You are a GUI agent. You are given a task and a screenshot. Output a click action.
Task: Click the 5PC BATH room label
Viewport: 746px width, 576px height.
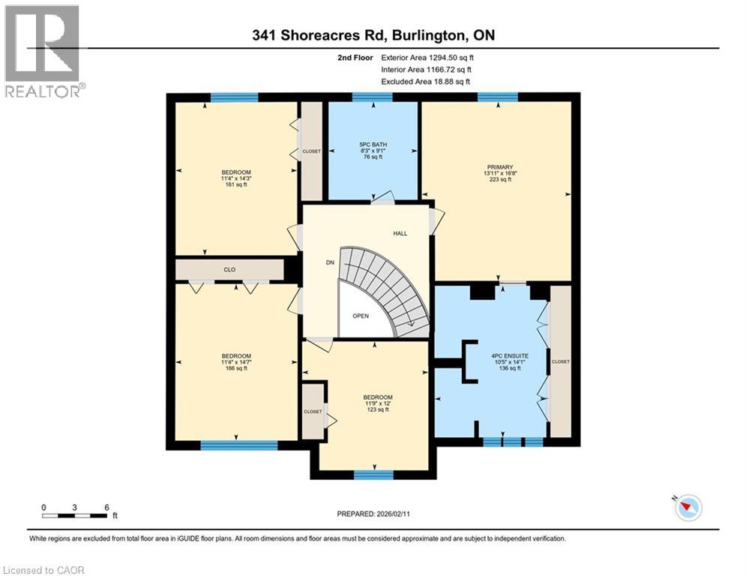[x=372, y=144]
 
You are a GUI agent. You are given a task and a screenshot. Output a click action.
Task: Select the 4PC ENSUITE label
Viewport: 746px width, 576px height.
[x=509, y=355]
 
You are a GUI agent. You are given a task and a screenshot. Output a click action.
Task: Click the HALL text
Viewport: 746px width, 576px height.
[x=400, y=233]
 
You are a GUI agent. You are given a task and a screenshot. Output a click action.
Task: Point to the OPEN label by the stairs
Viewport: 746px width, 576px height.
[x=361, y=316]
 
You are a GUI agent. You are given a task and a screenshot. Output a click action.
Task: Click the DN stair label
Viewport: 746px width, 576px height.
[x=329, y=262]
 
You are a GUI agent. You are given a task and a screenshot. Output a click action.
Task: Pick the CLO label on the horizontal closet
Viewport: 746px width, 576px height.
[x=229, y=269]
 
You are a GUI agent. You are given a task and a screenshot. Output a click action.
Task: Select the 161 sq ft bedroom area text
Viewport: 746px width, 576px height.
[x=236, y=184]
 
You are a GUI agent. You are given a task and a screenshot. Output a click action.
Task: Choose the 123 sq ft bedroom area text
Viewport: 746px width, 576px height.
[x=377, y=409]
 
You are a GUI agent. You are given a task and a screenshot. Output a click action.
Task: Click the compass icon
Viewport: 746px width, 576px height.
[x=688, y=508]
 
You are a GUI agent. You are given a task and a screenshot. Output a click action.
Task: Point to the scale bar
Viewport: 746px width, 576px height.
[x=75, y=515]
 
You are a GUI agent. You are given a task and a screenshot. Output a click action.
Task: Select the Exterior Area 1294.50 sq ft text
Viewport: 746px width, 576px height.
[x=427, y=57]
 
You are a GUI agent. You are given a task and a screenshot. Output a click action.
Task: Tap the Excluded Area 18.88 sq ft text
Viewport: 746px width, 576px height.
[x=427, y=81]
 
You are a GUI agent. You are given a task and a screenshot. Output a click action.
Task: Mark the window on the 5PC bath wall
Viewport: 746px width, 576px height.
[x=372, y=96]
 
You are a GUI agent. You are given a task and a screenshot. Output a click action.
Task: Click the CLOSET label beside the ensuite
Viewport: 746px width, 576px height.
[x=560, y=361]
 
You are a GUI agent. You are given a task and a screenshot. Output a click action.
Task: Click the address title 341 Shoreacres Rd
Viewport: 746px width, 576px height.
[x=373, y=35]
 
